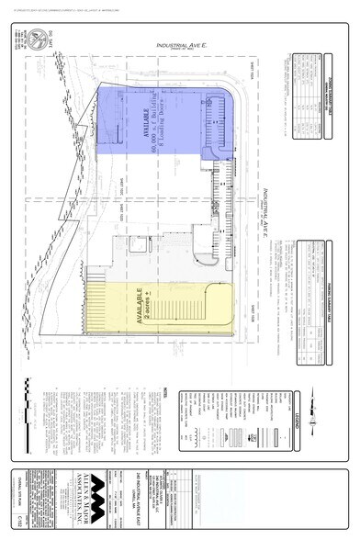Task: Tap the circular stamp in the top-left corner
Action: click(x=39, y=39)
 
